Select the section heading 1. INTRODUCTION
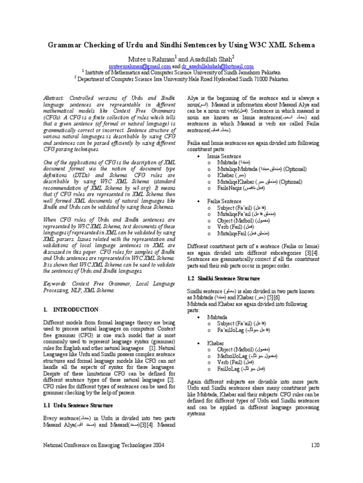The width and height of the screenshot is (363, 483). pos(71,310)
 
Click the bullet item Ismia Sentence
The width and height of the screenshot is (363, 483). pos(224,156)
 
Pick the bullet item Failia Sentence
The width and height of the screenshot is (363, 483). pos(225,201)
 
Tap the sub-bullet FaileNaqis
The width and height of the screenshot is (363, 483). pos(230,188)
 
